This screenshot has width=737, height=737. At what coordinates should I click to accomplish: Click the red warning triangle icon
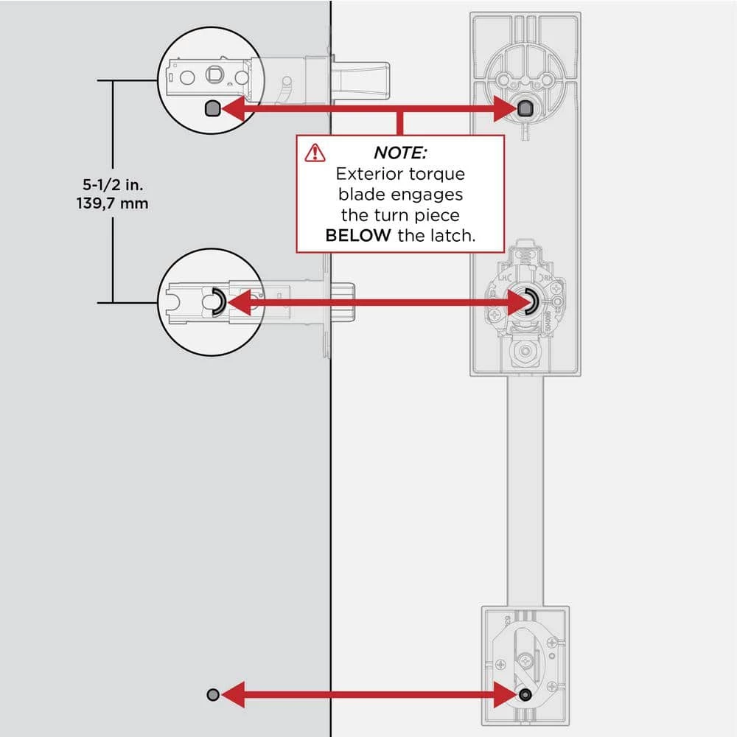315,152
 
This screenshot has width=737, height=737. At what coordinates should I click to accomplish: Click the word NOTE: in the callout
400,153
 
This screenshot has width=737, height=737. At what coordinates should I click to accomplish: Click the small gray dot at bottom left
212,694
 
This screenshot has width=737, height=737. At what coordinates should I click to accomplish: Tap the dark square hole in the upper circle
210,109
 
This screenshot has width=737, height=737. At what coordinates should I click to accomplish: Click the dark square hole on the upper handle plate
525,109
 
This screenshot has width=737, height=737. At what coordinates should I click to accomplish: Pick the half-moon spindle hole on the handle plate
530,301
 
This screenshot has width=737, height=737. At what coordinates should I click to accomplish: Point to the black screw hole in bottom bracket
524,694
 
